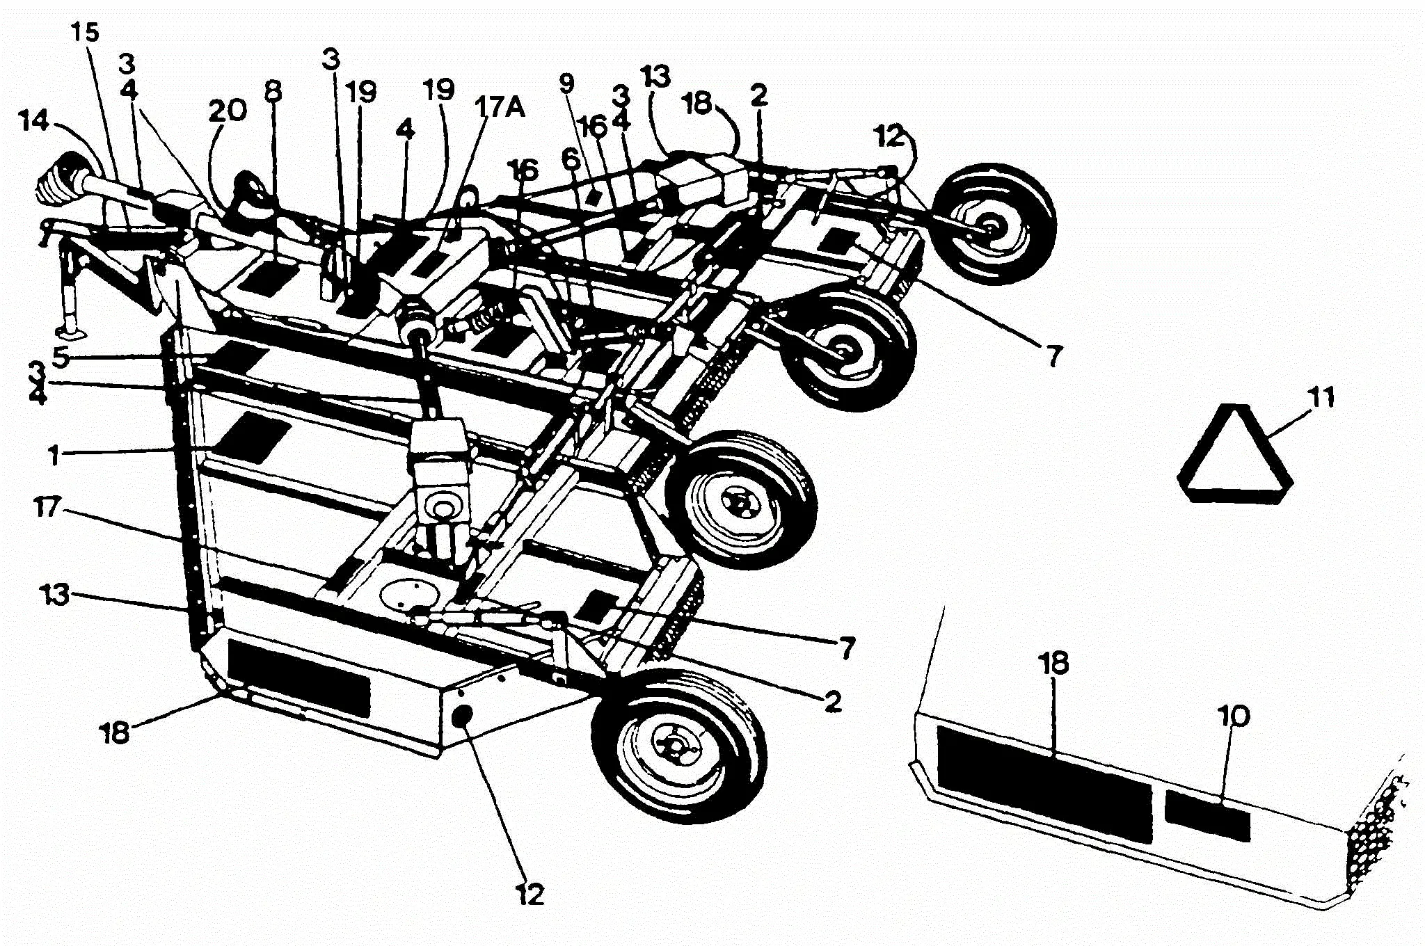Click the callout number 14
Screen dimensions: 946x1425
(34, 122)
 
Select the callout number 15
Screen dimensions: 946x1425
(86, 33)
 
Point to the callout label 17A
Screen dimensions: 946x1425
(500, 109)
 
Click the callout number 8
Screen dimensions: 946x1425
(273, 92)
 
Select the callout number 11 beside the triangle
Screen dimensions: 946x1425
(1321, 398)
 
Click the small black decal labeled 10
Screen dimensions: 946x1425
(1207, 815)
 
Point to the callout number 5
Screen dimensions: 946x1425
(61, 358)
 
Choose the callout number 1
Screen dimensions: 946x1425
(53, 457)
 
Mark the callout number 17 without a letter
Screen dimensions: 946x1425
(48, 507)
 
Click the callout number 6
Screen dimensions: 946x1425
(571, 160)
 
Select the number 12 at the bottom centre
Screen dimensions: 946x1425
(530, 894)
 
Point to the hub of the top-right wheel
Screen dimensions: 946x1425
(994, 227)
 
